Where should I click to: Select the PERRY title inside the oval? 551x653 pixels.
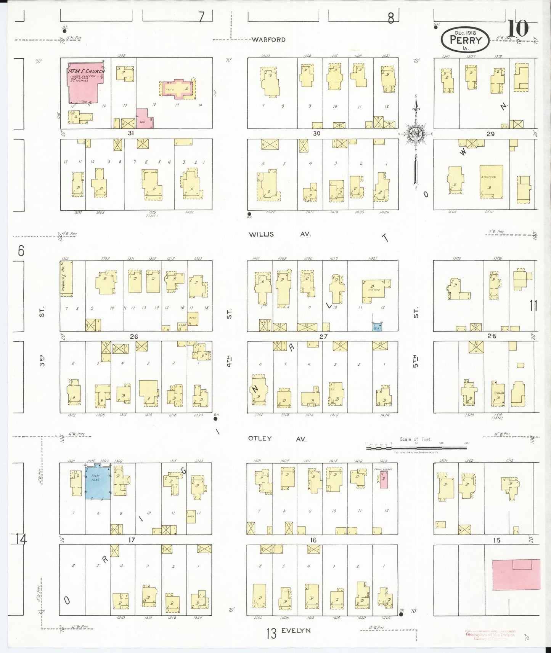pyautogui.click(x=466, y=40)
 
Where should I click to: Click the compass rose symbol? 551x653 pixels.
pyautogui.click(x=415, y=134)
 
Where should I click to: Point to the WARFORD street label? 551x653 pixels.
pyautogui.click(x=268, y=40)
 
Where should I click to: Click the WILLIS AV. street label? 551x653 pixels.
pyautogui.click(x=280, y=234)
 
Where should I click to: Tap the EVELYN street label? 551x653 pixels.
pyautogui.click(x=296, y=631)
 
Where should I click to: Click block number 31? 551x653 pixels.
pyautogui.click(x=131, y=133)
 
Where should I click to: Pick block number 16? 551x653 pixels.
pyautogui.click(x=313, y=540)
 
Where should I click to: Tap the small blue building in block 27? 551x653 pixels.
pyautogui.click(x=377, y=326)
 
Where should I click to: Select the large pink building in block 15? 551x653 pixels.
pyautogui.click(x=516, y=575)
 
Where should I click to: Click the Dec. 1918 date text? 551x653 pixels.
pyautogui.click(x=465, y=33)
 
